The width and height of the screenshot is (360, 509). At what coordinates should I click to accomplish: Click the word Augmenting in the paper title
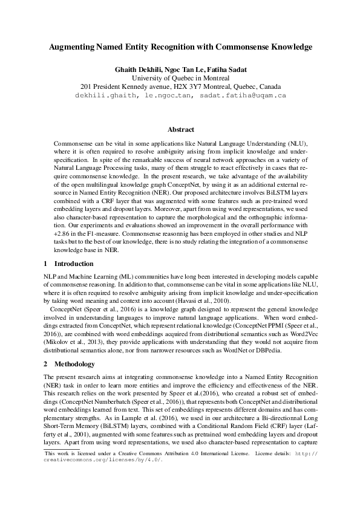pyautogui.click(x=71, y=47)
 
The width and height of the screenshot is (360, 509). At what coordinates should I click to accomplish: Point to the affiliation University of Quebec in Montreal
pyautogui.click(x=180, y=77)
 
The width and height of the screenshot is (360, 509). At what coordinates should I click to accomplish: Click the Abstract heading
pyautogui.click(x=180, y=129)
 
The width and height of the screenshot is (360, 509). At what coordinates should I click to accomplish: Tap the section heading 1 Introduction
pyautogui.click(x=69, y=264)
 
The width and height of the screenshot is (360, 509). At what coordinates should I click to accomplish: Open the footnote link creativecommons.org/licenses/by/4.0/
pyautogui.click(x=102, y=476)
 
